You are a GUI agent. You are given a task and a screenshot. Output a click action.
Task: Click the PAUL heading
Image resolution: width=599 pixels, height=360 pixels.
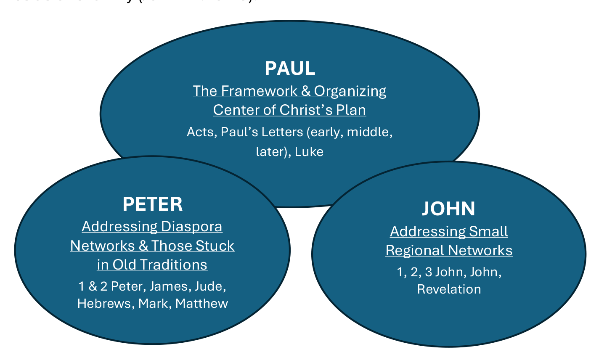click(x=290, y=69)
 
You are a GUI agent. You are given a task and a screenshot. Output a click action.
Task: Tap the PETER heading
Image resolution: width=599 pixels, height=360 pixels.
click(x=153, y=204)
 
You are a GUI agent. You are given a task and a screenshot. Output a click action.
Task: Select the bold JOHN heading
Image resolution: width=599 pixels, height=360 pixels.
click(x=449, y=209)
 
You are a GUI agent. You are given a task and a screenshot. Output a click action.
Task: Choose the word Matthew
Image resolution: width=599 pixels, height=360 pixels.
click(x=201, y=303)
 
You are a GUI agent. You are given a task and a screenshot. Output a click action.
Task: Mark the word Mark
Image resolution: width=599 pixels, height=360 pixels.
click(x=154, y=303)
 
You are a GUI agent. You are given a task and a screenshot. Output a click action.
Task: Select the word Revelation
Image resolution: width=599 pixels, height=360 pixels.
click(x=449, y=289)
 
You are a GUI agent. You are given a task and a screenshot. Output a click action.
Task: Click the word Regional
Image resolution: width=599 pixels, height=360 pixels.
click(x=415, y=251)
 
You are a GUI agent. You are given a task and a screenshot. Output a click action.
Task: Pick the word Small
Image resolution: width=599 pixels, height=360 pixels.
click(x=488, y=231)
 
